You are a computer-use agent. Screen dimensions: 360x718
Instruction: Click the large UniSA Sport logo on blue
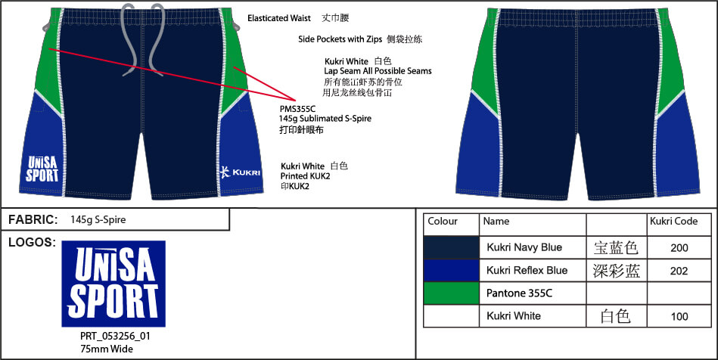(x=113, y=284)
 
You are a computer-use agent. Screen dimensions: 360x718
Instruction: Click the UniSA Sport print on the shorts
(x=42, y=169)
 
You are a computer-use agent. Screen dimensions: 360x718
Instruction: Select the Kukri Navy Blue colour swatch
(x=451, y=247)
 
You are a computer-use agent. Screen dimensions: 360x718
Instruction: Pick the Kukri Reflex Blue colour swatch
(x=451, y=270)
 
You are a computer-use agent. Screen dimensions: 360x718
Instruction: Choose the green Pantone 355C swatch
(x=451, y=293)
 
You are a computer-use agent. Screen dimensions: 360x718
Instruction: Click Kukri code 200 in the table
(x=679, y=248)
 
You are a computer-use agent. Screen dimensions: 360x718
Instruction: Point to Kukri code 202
(x=679, y=271)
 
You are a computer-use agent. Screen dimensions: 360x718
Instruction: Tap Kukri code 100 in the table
(x=679, y=316)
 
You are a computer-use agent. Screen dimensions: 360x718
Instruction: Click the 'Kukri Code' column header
(x=673, y=222)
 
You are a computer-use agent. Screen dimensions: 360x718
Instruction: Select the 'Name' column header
(x=496, y=222)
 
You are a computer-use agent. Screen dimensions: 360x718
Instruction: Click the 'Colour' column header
(x=443, y=222)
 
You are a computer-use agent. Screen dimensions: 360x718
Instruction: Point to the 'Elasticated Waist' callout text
(x=279, y=18)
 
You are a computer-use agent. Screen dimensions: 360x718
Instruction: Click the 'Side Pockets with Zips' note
(x=340, y=39)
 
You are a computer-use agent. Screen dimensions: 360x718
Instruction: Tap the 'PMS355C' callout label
(x=297, y=109)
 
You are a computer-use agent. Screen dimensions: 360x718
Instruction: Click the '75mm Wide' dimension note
(x=106, y=349)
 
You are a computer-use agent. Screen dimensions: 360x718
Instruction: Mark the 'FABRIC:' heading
(x=33, y=220)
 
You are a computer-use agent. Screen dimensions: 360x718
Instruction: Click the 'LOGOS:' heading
(x=31, y=243)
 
